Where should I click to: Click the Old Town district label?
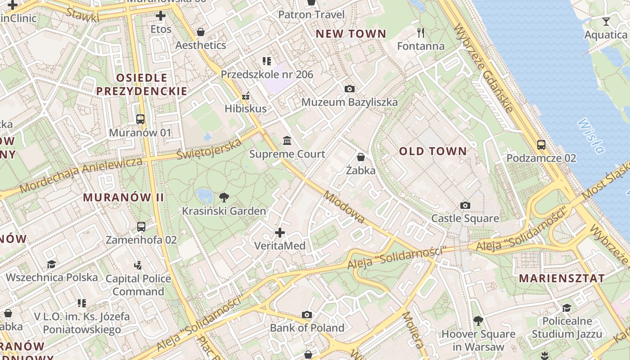pyautogui.click(x=433, y=151)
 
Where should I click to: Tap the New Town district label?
pyautogui.click(x=351, y=34)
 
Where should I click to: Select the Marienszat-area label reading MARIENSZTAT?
pyautogui.click(x=562, y=278)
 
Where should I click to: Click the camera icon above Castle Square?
pyautogui.click(x=465, y=206)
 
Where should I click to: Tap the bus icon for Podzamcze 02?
pyautogui.click(x=541, y=145)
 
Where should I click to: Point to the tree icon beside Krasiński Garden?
pyautogui.click(x=224, y=197)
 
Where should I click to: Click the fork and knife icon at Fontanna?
pyautogui.click(x=421, y=32)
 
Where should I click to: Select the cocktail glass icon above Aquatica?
pyautogui.click(x=606, y=21)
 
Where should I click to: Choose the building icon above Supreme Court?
pyautogui.click(x=287, y=141)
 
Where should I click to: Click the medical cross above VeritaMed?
pyautogui.click(x=280, y=233)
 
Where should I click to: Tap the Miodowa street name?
pyautogui.click(x=344, y=207)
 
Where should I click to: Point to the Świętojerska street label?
pyautogui.click(x=209, y=149)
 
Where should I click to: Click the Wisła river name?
pyautogui.click(x=591, y=136)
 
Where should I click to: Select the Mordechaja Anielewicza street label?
pyautogui.click(x=81, y=175)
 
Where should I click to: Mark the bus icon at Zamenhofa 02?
pyautogui.click(x=141, y=226)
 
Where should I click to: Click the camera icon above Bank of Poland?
pyautogui.click(x=307, y=315)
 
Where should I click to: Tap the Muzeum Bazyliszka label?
pyautogui.click(x=349, y=102)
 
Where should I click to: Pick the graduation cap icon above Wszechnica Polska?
pyautogui.click(x=51, y=264)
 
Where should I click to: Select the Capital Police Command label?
pyautogui.click(x=138, y=285)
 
